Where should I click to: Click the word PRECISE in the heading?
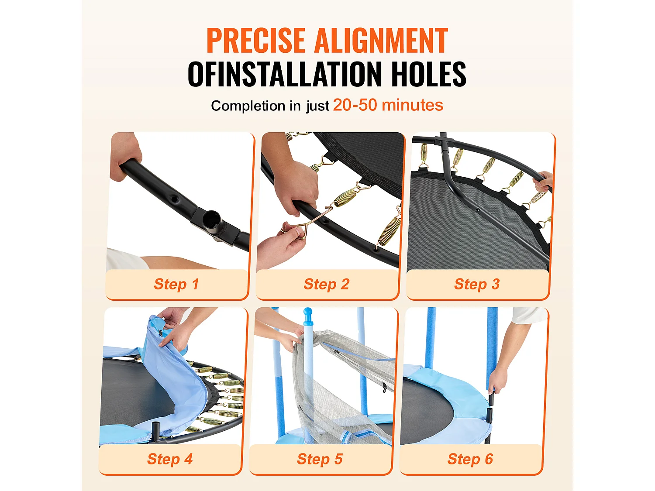(256, 40)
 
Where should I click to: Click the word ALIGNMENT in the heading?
(381, 40)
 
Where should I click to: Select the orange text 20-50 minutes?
(388, 105)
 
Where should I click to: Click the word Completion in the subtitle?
(248, 106)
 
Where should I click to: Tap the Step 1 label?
(176, 284)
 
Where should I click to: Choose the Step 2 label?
(327, 284)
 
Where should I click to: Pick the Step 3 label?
(477, 284)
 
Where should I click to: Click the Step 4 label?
(170, 459)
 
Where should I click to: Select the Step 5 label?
(320, 459)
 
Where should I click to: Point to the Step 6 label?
(470, 459)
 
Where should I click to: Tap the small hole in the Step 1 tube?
(173, 197)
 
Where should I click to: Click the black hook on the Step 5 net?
(385, 387)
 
